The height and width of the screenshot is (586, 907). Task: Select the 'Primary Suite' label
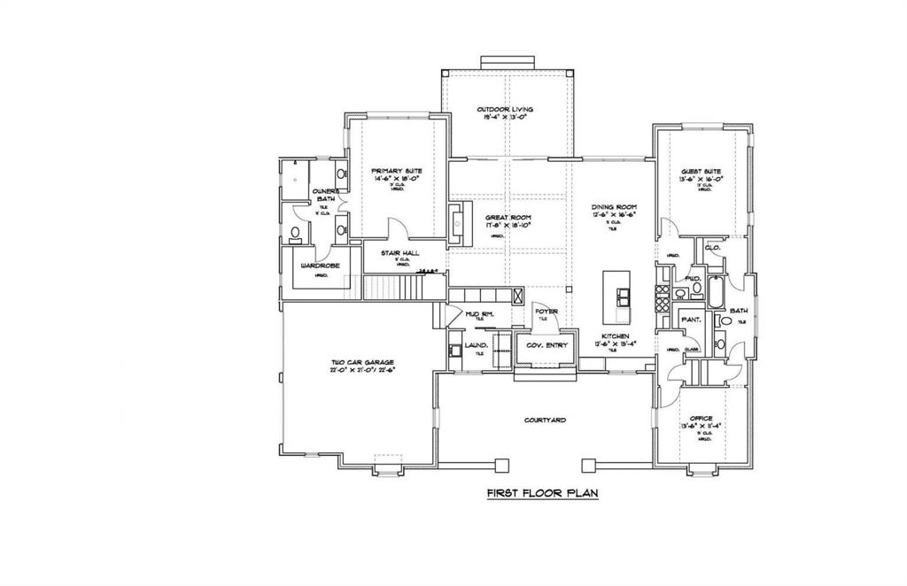[396, 171]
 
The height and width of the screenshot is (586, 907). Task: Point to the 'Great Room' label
[508, 217]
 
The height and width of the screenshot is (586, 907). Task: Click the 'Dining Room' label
[615, 207]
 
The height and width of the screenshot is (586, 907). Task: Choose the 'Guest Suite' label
[701, 171]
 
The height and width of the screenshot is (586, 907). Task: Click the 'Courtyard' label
[545, 420]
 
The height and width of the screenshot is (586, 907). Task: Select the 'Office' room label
[701, 419]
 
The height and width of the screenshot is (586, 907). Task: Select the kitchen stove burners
[660, 296]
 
